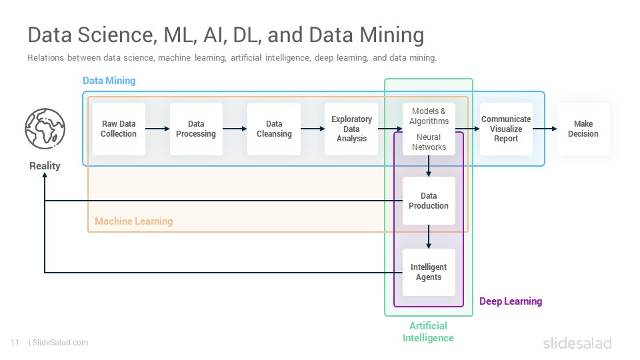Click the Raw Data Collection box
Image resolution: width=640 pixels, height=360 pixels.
(x=119, y=129)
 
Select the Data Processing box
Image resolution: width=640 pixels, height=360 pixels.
(x=196, y=129)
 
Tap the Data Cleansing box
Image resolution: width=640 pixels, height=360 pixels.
(x=274, y=129)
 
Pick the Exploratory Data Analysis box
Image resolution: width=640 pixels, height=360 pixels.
(x=351, y=129)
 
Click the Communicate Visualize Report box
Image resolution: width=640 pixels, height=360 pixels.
(x=506, y=129)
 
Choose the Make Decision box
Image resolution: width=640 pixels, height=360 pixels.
(x=583, y=129)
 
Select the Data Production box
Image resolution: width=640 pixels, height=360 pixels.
(x=429, y=201)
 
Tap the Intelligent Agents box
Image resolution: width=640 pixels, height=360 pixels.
(x=429, y=272)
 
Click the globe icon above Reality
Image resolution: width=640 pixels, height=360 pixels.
(x=45, y=129)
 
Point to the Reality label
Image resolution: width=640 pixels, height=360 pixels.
(x=45, y=166)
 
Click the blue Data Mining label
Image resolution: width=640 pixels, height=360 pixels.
(x=109, y=81)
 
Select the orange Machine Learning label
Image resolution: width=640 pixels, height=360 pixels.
(x=134, y=221)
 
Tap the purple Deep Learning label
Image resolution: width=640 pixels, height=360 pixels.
(x=511, y=301)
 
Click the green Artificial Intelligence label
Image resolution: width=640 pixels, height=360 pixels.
(x=428, y=332)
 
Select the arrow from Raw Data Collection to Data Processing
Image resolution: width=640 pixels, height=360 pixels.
(x=157, y=129)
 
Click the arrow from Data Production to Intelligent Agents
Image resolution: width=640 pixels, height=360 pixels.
(x=429, y=237)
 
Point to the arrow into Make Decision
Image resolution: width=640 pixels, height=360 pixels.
(x=545, y=129)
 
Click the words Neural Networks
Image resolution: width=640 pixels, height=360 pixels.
(x=429, y=142)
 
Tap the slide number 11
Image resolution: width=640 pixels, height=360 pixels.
(x=15, y=343)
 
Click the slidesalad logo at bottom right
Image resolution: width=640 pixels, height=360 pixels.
(x=577, y=343)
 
